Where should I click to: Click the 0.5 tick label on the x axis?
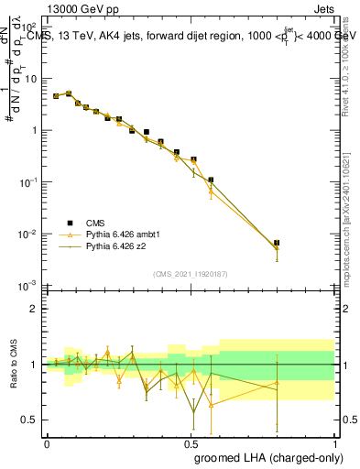coord(191,443)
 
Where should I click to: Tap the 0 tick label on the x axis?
coord(47,443)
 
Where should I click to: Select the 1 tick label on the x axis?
coord(333,443)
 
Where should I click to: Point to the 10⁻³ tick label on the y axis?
coord(28,287)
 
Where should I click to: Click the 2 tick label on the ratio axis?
coord(32,309)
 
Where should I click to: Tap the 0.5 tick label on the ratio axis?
coord(28,420)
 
